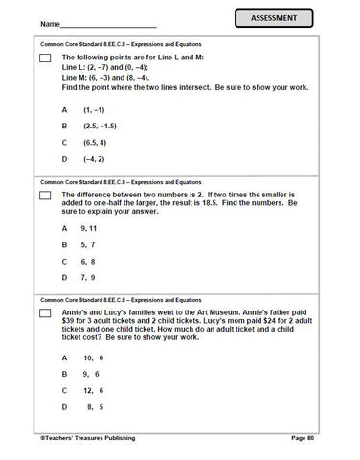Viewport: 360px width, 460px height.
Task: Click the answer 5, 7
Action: [x=89, y=244]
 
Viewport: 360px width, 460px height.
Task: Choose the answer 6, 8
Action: [x=89, y=261]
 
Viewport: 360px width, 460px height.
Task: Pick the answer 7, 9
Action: [x=89, y=277]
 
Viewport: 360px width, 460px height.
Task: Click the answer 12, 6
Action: [x=93, y=390]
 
